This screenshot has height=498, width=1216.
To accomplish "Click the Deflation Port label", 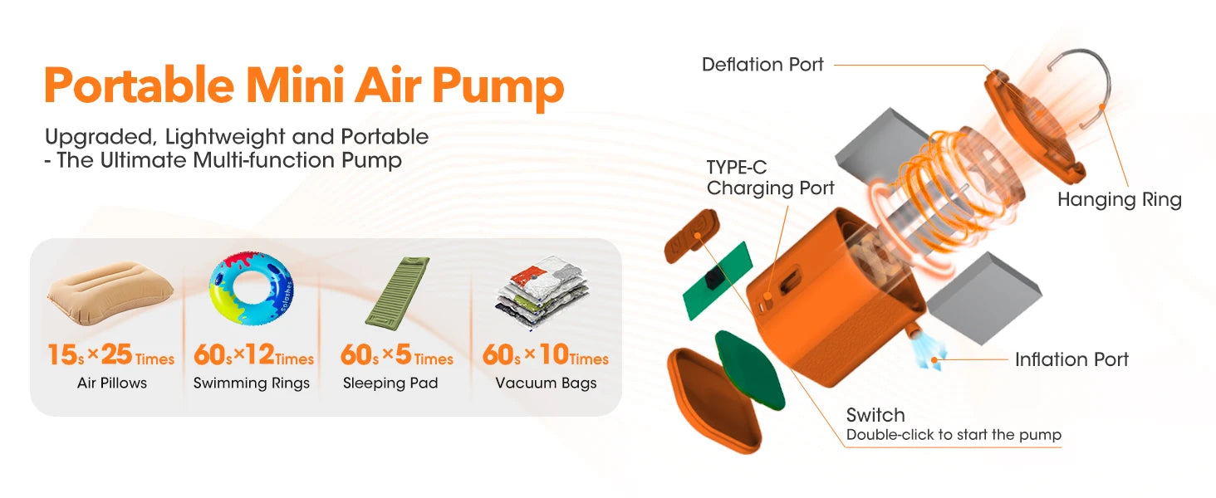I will click(762, 65).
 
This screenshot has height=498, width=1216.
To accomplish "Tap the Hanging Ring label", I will click(1119, 199).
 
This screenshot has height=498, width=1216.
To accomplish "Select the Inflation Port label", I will click(1071, 359).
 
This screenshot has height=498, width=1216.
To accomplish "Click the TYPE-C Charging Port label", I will click(770, 178).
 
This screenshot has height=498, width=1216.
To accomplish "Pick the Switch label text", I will click(875, 415).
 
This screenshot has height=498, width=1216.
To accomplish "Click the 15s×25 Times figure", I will click(110, 356).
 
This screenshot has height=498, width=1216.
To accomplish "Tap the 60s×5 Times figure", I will click(397, 356).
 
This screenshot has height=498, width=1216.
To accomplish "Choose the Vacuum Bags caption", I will click(546, 383).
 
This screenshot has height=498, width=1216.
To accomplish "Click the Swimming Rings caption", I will click(252, 383).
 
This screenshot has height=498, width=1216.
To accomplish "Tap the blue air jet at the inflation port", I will click(924, 350).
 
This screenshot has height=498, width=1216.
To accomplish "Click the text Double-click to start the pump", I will click(954, 435).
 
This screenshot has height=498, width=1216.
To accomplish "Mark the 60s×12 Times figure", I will click(253, 356).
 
